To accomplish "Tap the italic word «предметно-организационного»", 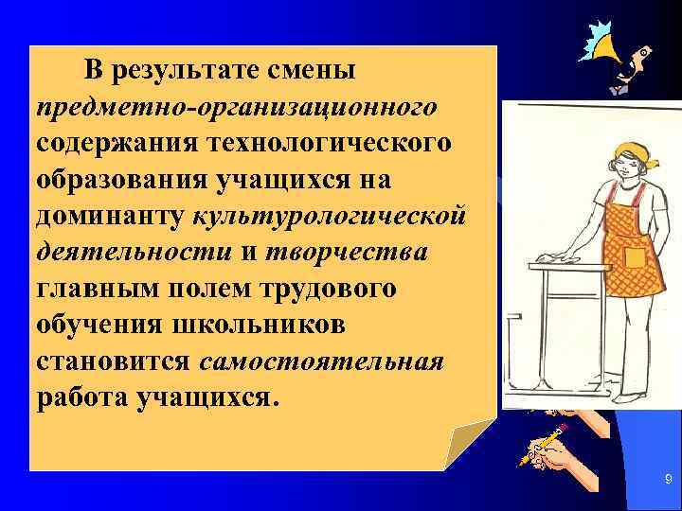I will [x=237, y=107].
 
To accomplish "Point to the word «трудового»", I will [x=321, y=288].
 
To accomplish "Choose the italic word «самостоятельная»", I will [x=323, y=361].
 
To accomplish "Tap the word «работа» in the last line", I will [x=81, y=396].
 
